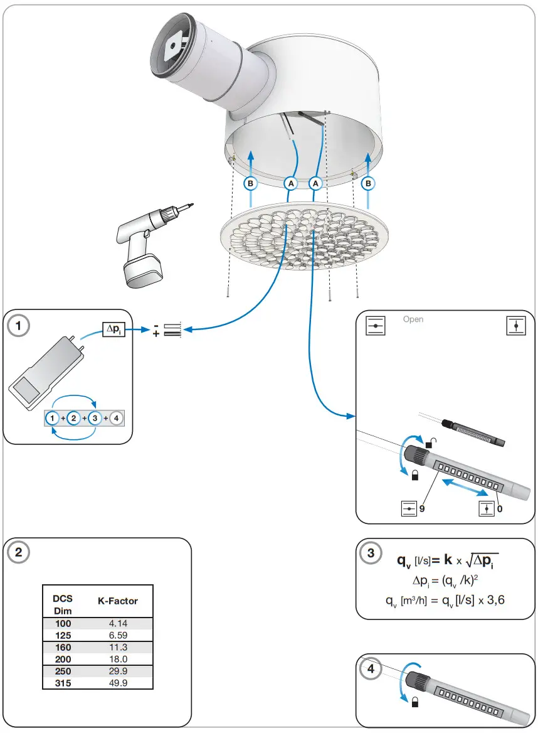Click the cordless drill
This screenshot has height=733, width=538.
pyautogui.click(x=147, y=245)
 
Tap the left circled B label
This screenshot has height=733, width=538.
pyautogui.click(x=250, y=183)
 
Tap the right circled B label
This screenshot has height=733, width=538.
pyautogui.click(x=368, y=183)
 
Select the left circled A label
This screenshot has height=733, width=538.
pyautogui.click(x=290, y=183)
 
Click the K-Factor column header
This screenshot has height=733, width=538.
pyautogui.click(x=117, y=601)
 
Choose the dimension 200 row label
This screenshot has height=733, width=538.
pyautogui.click(x=63, y=659)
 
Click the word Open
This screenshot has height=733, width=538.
pyautogui.click(x=413, y=319)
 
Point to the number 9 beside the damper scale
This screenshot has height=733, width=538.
pyautogui.click(x=422, y=509)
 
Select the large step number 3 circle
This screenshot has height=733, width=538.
pyautogui.click(x=371, y=553)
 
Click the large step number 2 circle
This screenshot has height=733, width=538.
pyautogui.click(x=19, y=552)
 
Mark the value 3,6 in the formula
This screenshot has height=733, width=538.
pyautogui.click(x=493, y=599)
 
